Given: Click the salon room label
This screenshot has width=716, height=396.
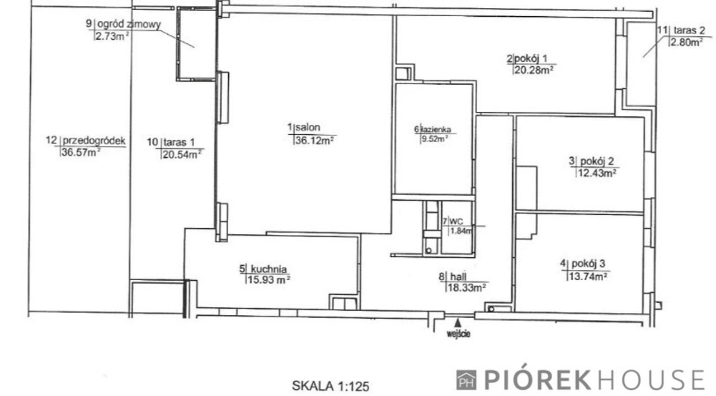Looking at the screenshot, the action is coord(308,128).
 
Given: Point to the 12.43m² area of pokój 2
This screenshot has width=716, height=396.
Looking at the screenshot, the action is coord(596,173).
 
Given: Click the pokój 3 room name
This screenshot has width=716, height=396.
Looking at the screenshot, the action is coord(588,263).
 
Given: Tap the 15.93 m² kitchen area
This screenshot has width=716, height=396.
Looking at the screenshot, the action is coord(269,280).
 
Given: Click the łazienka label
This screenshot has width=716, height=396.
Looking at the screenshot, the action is coord(436,129).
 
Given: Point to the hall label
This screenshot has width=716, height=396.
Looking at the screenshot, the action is coord(458,276).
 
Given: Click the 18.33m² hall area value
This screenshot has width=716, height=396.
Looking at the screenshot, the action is coord(467,287).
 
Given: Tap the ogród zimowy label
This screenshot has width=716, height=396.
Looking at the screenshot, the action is coord(129,25).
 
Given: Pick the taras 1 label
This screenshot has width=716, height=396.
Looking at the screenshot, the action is coord(179,142).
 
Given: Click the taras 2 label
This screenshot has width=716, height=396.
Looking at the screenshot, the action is coord(689,30).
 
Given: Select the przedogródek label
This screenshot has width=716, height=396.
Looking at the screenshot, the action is coord(95,140).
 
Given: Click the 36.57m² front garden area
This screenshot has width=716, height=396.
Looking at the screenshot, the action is coord(81,152).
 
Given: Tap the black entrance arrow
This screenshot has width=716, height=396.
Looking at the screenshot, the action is coord(458,323).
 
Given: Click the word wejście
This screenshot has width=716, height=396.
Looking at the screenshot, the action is coord(458,334).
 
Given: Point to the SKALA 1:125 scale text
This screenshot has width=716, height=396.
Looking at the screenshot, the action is coord(331,386).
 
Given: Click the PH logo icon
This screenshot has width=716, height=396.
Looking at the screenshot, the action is coord(466,380).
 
